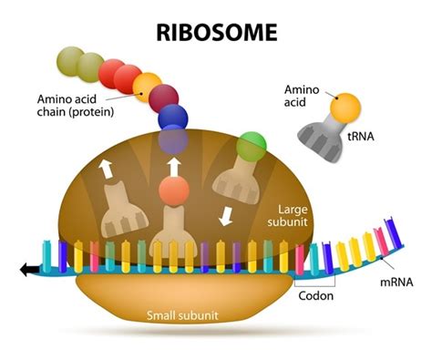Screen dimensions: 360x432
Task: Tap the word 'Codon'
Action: pyautogui.click(x=315, y=295)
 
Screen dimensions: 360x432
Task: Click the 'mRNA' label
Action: pyautogui.click(x=397, y=283)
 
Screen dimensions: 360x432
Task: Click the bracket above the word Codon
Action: pyautogui.click(x=315, y=283)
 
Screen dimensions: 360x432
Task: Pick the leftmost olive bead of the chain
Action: pyautogui.click(x=69, y=60)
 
